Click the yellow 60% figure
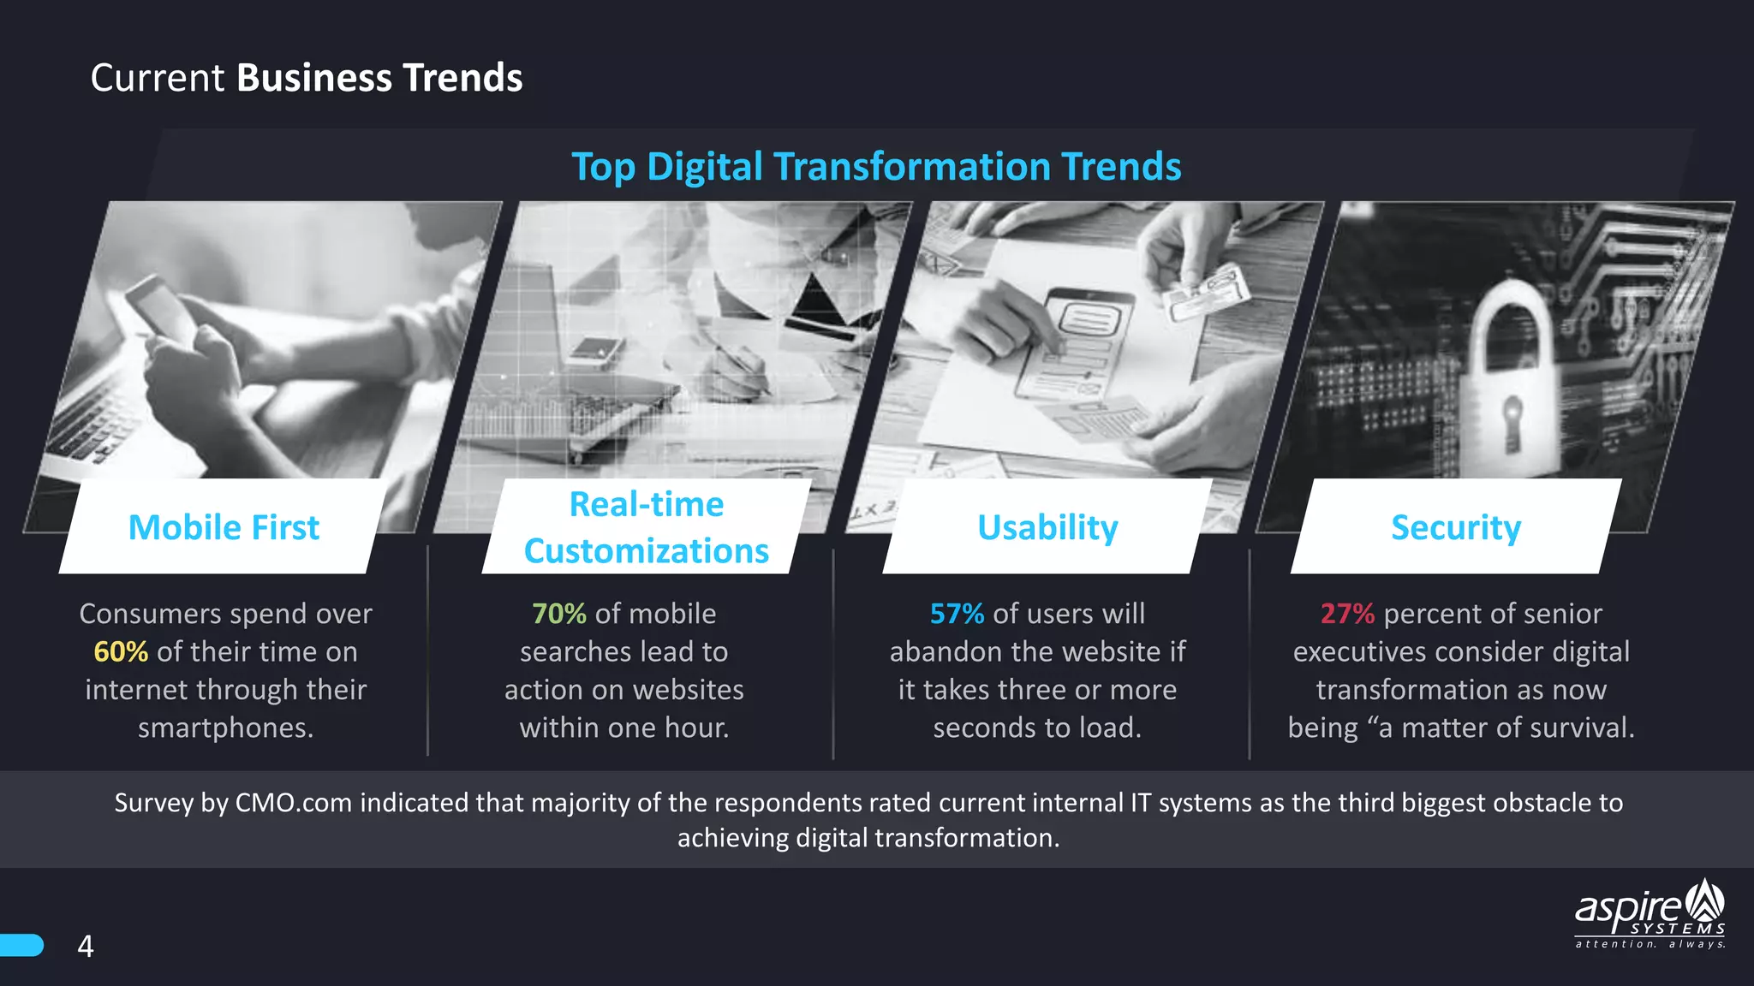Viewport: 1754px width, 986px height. pyautogui.click(x=121, y=652)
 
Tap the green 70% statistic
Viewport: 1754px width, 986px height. pyautogui.click(x=558, y=614)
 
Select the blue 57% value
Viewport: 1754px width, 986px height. pyautogui.click(x=957, y=614)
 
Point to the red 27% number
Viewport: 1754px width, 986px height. pyautogui.click(x=1346, y=614)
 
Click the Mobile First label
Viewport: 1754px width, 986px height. pyautogui.click(x=224, y=527)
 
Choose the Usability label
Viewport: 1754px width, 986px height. pyautogui.click(x=1047, y=527)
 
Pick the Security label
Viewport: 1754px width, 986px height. pyautogui.click(x=1455, y=527)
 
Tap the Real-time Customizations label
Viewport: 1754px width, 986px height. pyautogui.click(x=647, y=527)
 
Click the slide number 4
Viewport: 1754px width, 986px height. pyautogui.click(x=86, y=946)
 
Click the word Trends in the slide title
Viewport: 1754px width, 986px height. pyautogui.click(x=462, y=78)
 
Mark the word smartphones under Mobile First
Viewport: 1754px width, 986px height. pyautogui.click(x=225, y=728)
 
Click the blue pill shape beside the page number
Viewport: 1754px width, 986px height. pyautogui.click(x=21, y=945)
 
